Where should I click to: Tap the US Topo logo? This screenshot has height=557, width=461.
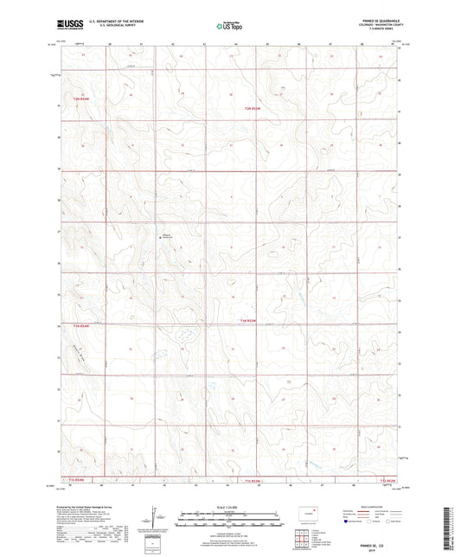(228, 27)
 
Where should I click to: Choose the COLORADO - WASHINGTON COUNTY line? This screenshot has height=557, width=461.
(378, 27)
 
